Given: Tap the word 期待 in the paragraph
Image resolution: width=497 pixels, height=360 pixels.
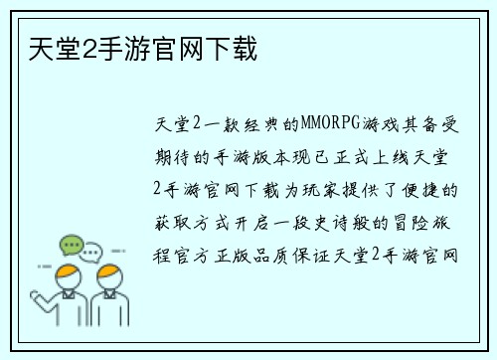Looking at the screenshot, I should pyautogui.click(x=175, y=157).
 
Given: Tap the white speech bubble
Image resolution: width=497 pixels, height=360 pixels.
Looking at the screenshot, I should pyautogui.click(x=90, y=251).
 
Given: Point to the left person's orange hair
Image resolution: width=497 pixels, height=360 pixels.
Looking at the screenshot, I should pyautogui.click(x=68, y=271).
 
